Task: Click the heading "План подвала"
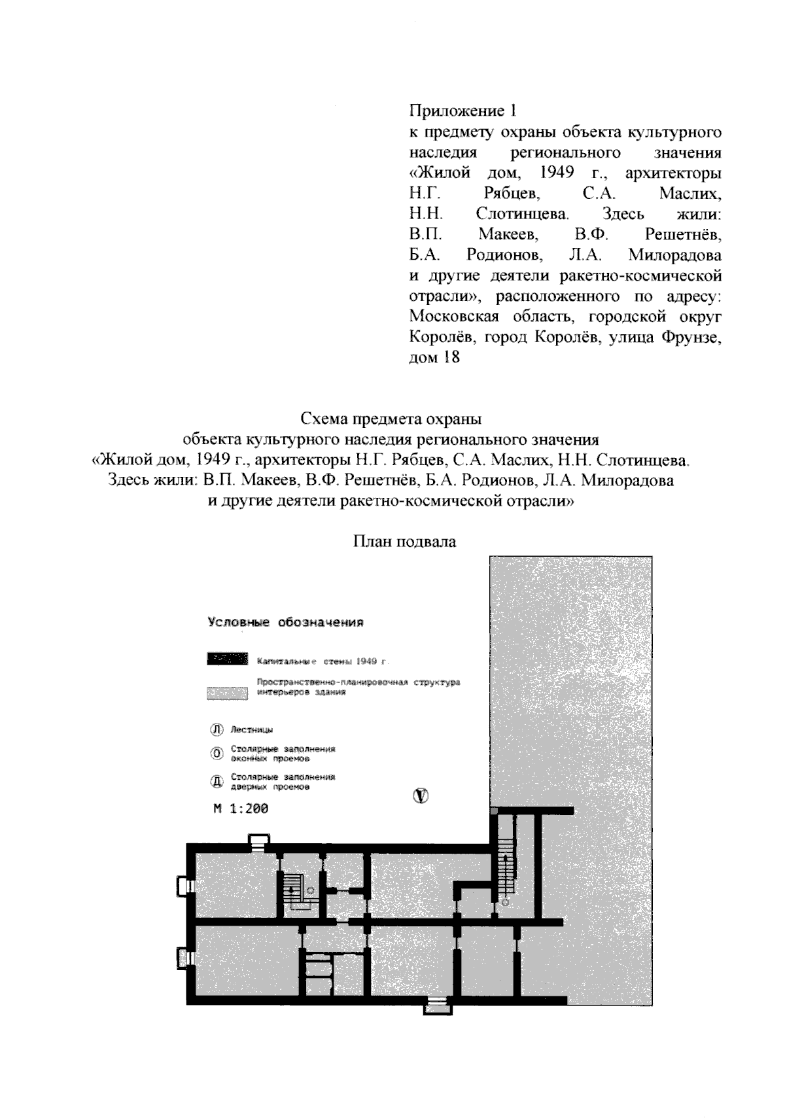(x=404, y=542)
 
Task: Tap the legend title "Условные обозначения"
(x=285, y=622)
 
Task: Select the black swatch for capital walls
(x=228, y=659)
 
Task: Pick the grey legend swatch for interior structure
(x=228, y=693)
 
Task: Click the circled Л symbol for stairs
(x=216, y=729)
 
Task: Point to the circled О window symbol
(x=216, y=754)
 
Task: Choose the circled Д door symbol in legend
(x=216, y=782)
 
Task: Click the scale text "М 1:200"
(x=241, y=809)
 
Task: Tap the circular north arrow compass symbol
(x=421, y=795)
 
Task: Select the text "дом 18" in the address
(x=434, y=358)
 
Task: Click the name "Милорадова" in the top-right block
(x=675, y=254)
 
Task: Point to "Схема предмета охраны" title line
(x=391, y=418)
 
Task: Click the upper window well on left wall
(x=183, y=886)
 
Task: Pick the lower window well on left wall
(x=183, y=958)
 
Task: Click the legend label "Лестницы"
(x=252, y=729)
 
